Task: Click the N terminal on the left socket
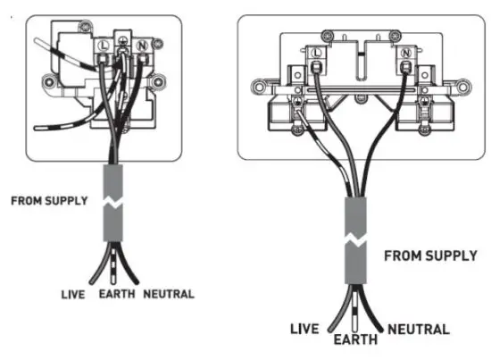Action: coord(139,41)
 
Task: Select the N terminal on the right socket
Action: coord(406,54)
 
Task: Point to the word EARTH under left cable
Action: coord(116,294)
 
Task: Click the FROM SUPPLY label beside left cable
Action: coord(49,201)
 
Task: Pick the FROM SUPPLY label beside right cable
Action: coord(430,256)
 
